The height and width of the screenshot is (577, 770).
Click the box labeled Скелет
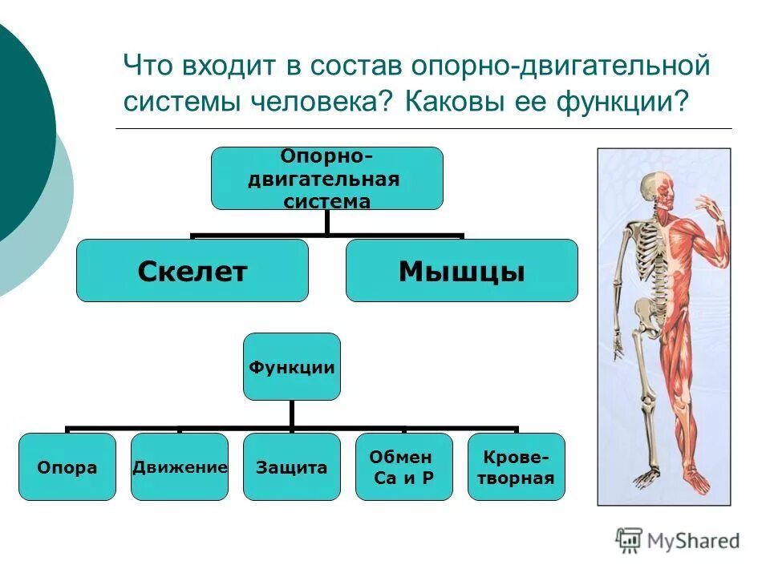click(192, 271)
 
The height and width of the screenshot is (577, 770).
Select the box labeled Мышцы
click(461, 271)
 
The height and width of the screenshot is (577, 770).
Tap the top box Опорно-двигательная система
click(326, 178)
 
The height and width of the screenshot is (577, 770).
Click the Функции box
click(292, 366)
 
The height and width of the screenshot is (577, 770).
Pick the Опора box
click(67, 467)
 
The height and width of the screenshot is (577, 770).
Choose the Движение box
click(180, 467)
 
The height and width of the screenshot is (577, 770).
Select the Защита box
click(292, 467)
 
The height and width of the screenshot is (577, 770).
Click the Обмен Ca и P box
click(404, 467)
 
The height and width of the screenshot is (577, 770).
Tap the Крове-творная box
click(517, 467)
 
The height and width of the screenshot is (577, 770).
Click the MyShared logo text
click(691, 541)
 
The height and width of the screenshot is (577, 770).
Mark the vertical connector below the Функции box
click(292, 414)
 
